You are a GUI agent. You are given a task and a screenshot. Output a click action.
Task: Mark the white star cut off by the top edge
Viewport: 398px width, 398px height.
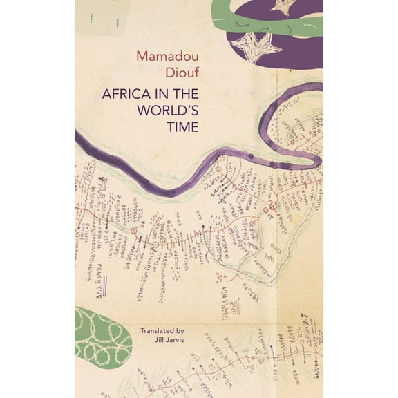[x=283, y=6]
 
